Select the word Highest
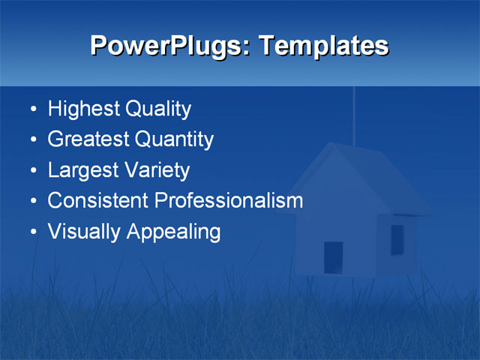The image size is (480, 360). point(83,110)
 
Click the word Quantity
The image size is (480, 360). point(174,139)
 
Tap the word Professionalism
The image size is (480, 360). point(229,200)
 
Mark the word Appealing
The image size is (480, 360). point(173,232)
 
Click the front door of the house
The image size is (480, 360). point(333,257)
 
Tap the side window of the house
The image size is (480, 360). point(397,239)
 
